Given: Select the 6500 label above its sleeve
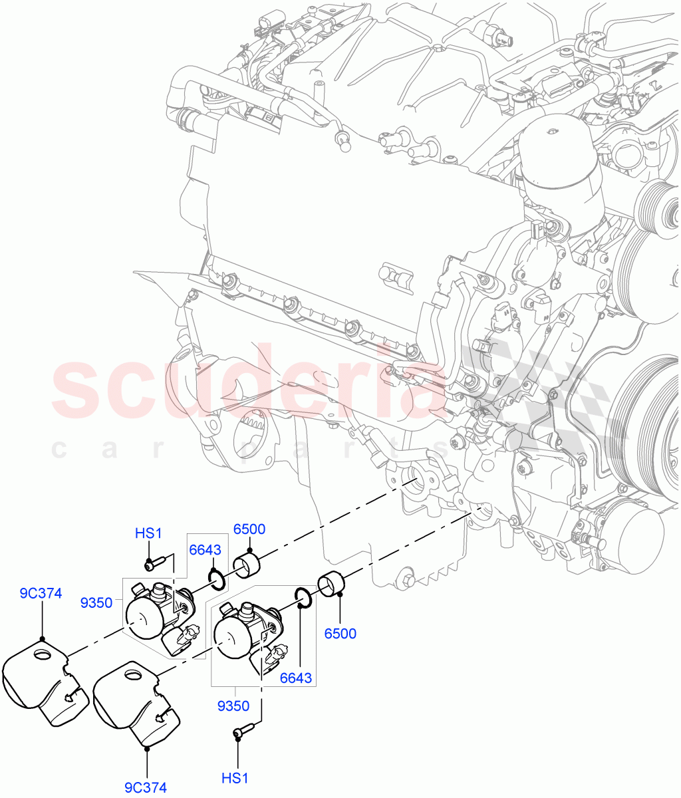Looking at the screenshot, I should [x=249, y=529].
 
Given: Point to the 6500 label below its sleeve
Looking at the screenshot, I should [x=340, y=633].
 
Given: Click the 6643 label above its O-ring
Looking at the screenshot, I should [x=205, y=550].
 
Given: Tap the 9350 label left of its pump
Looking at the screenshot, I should [x=96, y=602].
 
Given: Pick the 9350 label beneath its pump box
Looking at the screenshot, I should [x=233, y=706].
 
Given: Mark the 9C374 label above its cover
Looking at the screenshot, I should [x=41, y=593].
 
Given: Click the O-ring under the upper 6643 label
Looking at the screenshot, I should [x=216, y=579].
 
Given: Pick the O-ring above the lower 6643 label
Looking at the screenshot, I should [x=302, y=598].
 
